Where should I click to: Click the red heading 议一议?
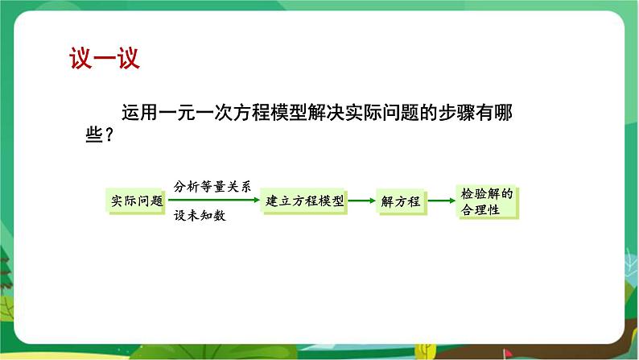point(105,58)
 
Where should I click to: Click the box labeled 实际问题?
point(136,201)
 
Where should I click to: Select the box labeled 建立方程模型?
point(304,201)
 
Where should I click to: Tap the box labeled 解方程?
point(401,201)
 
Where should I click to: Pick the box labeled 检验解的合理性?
point(488,202)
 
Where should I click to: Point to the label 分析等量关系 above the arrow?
point(212,187)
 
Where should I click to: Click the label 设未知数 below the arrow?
point(200,215)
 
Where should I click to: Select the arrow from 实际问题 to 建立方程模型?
point(214,200)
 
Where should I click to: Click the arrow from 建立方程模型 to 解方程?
point(362,201)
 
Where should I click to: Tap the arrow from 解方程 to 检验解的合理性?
point(442,201)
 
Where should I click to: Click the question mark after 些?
point(109,134)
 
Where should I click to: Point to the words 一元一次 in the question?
point(186,113)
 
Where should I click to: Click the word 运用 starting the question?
point(139,113)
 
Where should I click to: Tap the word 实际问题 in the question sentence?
point(381,113)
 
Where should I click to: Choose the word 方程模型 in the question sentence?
point(270,113)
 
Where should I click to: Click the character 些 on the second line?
point(94,134)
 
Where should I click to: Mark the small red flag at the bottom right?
point(507,353)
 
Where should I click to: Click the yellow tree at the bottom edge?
point(426,350)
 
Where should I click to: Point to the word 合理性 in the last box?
point(480,210)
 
